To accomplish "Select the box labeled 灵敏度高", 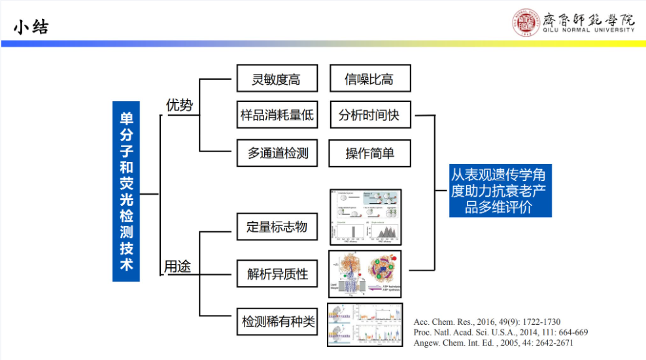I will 277,80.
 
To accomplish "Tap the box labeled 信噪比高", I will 369,80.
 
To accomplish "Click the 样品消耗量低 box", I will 277,116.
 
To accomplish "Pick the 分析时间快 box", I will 369,116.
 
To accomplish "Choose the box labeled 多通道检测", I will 277,154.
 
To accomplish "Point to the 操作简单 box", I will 369,154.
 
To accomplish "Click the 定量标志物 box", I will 277,227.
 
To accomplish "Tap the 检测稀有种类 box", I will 278,321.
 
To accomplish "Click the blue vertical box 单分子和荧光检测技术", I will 126,190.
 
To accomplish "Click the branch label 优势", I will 179,105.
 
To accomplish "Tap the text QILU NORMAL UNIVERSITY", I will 588,30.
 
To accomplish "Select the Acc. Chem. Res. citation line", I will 486,322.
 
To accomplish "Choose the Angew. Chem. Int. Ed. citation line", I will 494,343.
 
